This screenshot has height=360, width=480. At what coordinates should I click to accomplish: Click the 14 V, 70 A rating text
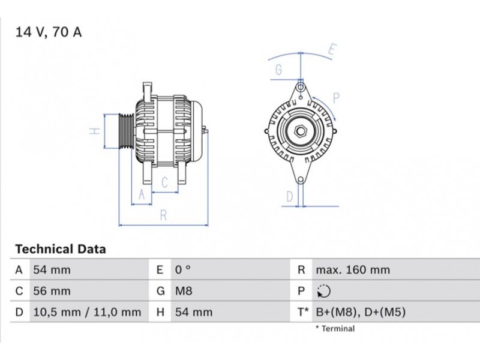[x=49, y=32]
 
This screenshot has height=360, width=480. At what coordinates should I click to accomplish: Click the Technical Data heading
[x=61, y=249]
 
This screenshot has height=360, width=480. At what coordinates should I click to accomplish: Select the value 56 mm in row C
[x=52, y=291]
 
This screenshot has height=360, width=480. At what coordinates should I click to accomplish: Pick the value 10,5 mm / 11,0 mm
[x=87, y=312]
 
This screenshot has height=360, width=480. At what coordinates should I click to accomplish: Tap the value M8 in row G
[x=184, y=291]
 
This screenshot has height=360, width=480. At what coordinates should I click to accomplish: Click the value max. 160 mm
[x=353, y=270]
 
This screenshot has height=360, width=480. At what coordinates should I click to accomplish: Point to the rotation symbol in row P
[x=324, y=291]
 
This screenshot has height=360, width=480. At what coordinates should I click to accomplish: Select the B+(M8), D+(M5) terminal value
[x=361, y=312]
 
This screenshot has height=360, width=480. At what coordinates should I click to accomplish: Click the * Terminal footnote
[x=335, y=329]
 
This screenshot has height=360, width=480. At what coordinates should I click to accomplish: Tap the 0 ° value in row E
[x=183, y=270]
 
